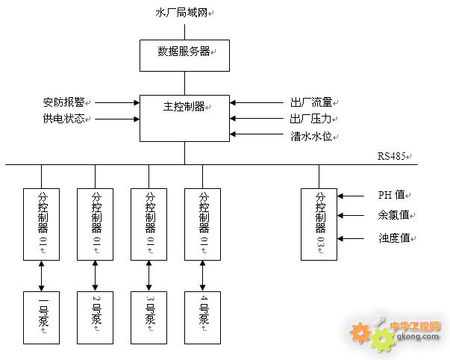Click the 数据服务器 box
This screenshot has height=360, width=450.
point(184,55)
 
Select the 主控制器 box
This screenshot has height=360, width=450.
point(184,117)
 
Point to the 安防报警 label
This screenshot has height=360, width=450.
point(65,102)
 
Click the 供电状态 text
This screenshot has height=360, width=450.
point(65,119)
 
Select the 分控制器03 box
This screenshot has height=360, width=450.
point(319,223)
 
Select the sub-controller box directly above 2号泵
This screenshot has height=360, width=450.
point(96,223)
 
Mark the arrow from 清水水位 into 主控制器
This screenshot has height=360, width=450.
point(257,134)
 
